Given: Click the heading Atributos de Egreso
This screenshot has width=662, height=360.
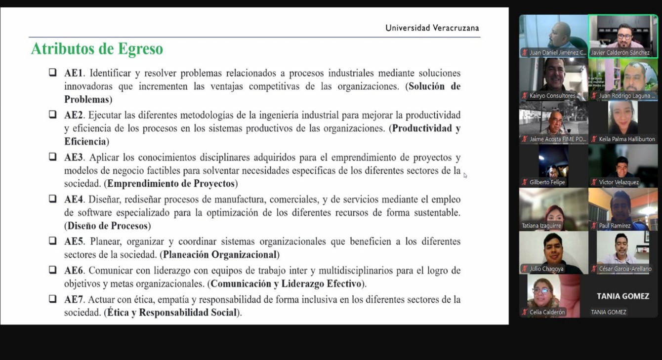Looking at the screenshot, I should (97, 49).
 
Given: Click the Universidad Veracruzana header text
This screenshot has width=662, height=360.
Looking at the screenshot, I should (432, 28).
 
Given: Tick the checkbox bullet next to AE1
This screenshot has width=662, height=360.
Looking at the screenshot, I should (52, 73).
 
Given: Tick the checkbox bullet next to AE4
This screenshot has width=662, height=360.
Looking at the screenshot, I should (52, 199).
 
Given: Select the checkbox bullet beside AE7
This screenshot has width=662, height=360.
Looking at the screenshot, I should (52, 299).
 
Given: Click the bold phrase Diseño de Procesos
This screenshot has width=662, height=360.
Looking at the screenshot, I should (108, 226).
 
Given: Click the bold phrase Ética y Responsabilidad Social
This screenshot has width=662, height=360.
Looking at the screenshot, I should (172, 313).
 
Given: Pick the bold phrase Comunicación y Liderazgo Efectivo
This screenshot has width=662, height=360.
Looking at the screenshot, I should (286, 284).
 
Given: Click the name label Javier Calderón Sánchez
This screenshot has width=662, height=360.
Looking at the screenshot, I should (621, 53).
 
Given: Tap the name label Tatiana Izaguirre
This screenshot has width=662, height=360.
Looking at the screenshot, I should (541, 226).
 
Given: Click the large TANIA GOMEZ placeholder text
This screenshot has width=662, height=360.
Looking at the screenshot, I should (622, 296).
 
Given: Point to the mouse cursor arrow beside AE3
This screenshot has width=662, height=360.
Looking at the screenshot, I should (465, 175).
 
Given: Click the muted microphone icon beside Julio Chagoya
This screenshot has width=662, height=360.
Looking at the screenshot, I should (525, 269).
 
